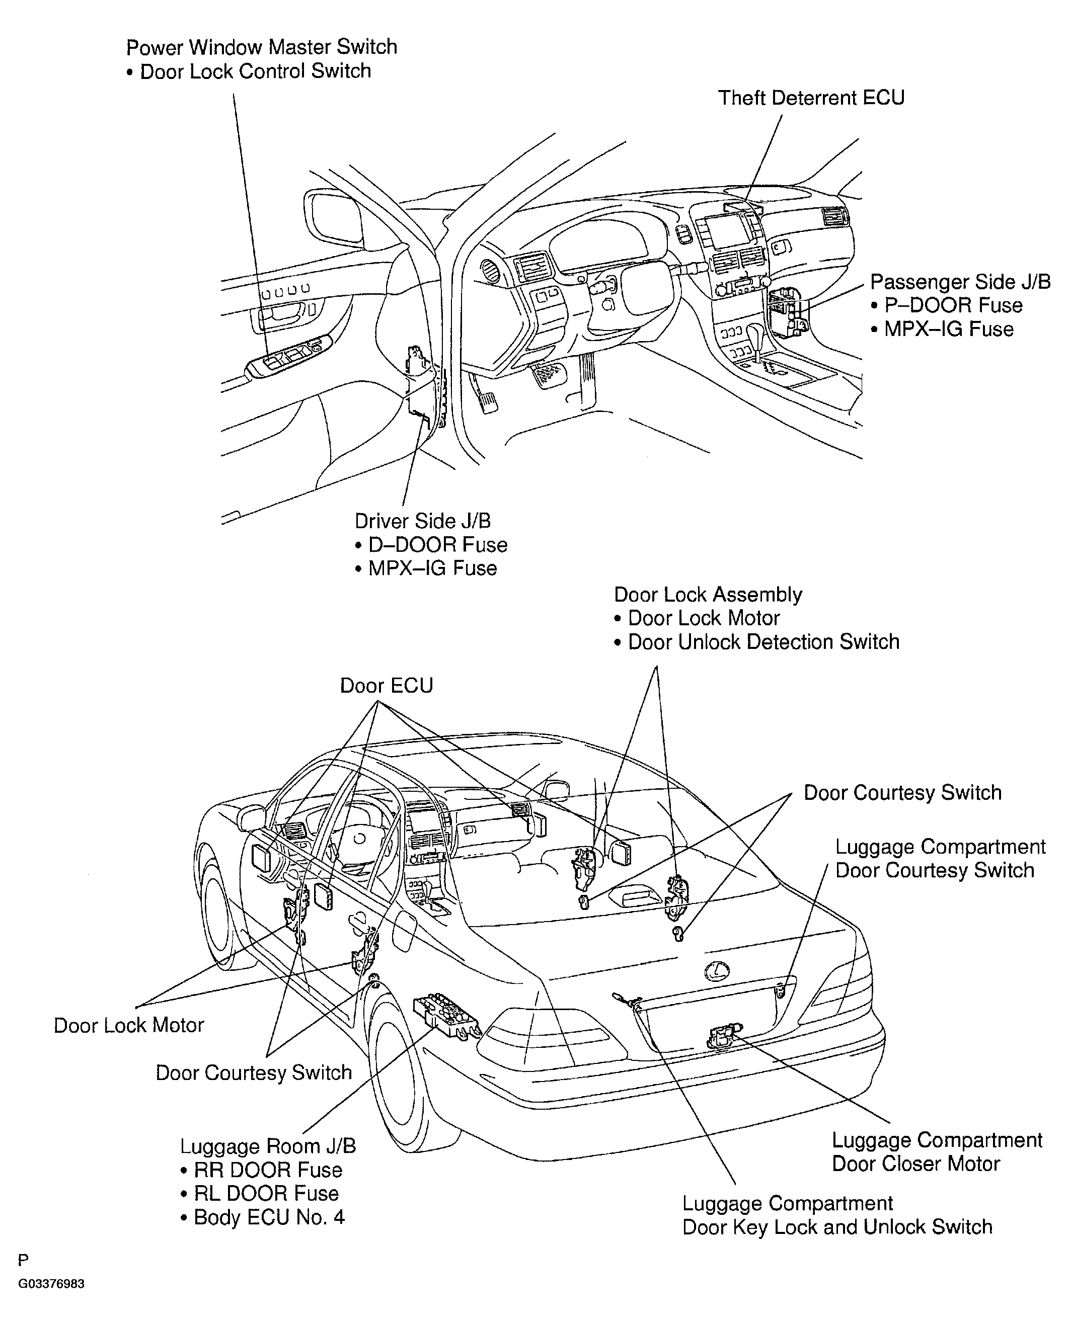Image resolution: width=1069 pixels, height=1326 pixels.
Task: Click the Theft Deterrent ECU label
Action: click(811, 98)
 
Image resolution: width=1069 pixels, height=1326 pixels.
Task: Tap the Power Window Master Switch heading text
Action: click(262, 47)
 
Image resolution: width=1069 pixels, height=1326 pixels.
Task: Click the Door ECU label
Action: click(386, 686)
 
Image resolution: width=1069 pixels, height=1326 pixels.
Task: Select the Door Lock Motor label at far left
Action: click(129, 1025)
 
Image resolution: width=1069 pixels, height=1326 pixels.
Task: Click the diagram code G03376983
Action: click(51, 1284)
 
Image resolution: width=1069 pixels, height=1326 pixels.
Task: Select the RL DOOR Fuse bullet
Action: click(266, 1193)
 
